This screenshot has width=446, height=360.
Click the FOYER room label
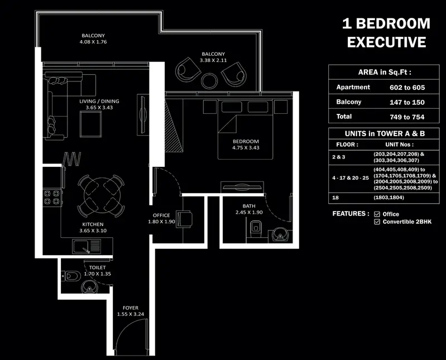[131, 308]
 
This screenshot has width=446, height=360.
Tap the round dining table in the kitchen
[102, 195]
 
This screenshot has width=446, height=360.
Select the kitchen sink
[87, 246]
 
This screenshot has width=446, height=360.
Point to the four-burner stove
[52, 198]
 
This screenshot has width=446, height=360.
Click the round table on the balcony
[209, 81]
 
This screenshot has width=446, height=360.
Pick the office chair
[184, 219]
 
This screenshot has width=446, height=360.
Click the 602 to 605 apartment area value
[407, 88]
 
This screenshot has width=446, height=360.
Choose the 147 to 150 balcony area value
[407, 102]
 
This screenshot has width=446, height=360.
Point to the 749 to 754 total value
[407, 117]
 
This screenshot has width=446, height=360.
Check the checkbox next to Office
[377, 214]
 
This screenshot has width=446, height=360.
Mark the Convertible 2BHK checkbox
[377, 222]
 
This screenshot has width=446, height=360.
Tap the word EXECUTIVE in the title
[386, 42]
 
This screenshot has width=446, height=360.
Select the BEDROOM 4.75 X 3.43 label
[246, 145]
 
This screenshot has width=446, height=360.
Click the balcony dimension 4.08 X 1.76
[93, 42]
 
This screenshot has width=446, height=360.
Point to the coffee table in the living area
[91, 124]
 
